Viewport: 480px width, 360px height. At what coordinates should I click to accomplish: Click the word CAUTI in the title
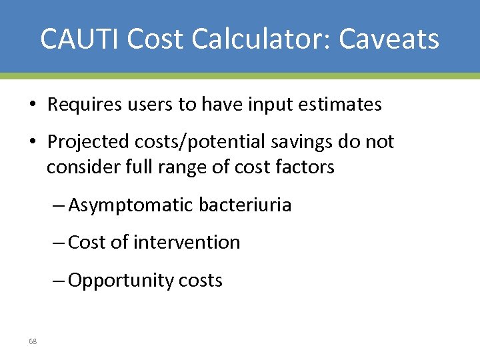pos(79,39)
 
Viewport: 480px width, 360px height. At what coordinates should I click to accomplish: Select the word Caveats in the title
pos(389,39)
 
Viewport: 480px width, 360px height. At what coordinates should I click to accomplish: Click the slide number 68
pos(33,341)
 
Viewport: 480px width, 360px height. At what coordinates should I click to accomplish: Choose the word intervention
pos(187,242)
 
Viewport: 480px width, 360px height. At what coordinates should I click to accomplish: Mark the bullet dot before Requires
pos(32,105)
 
